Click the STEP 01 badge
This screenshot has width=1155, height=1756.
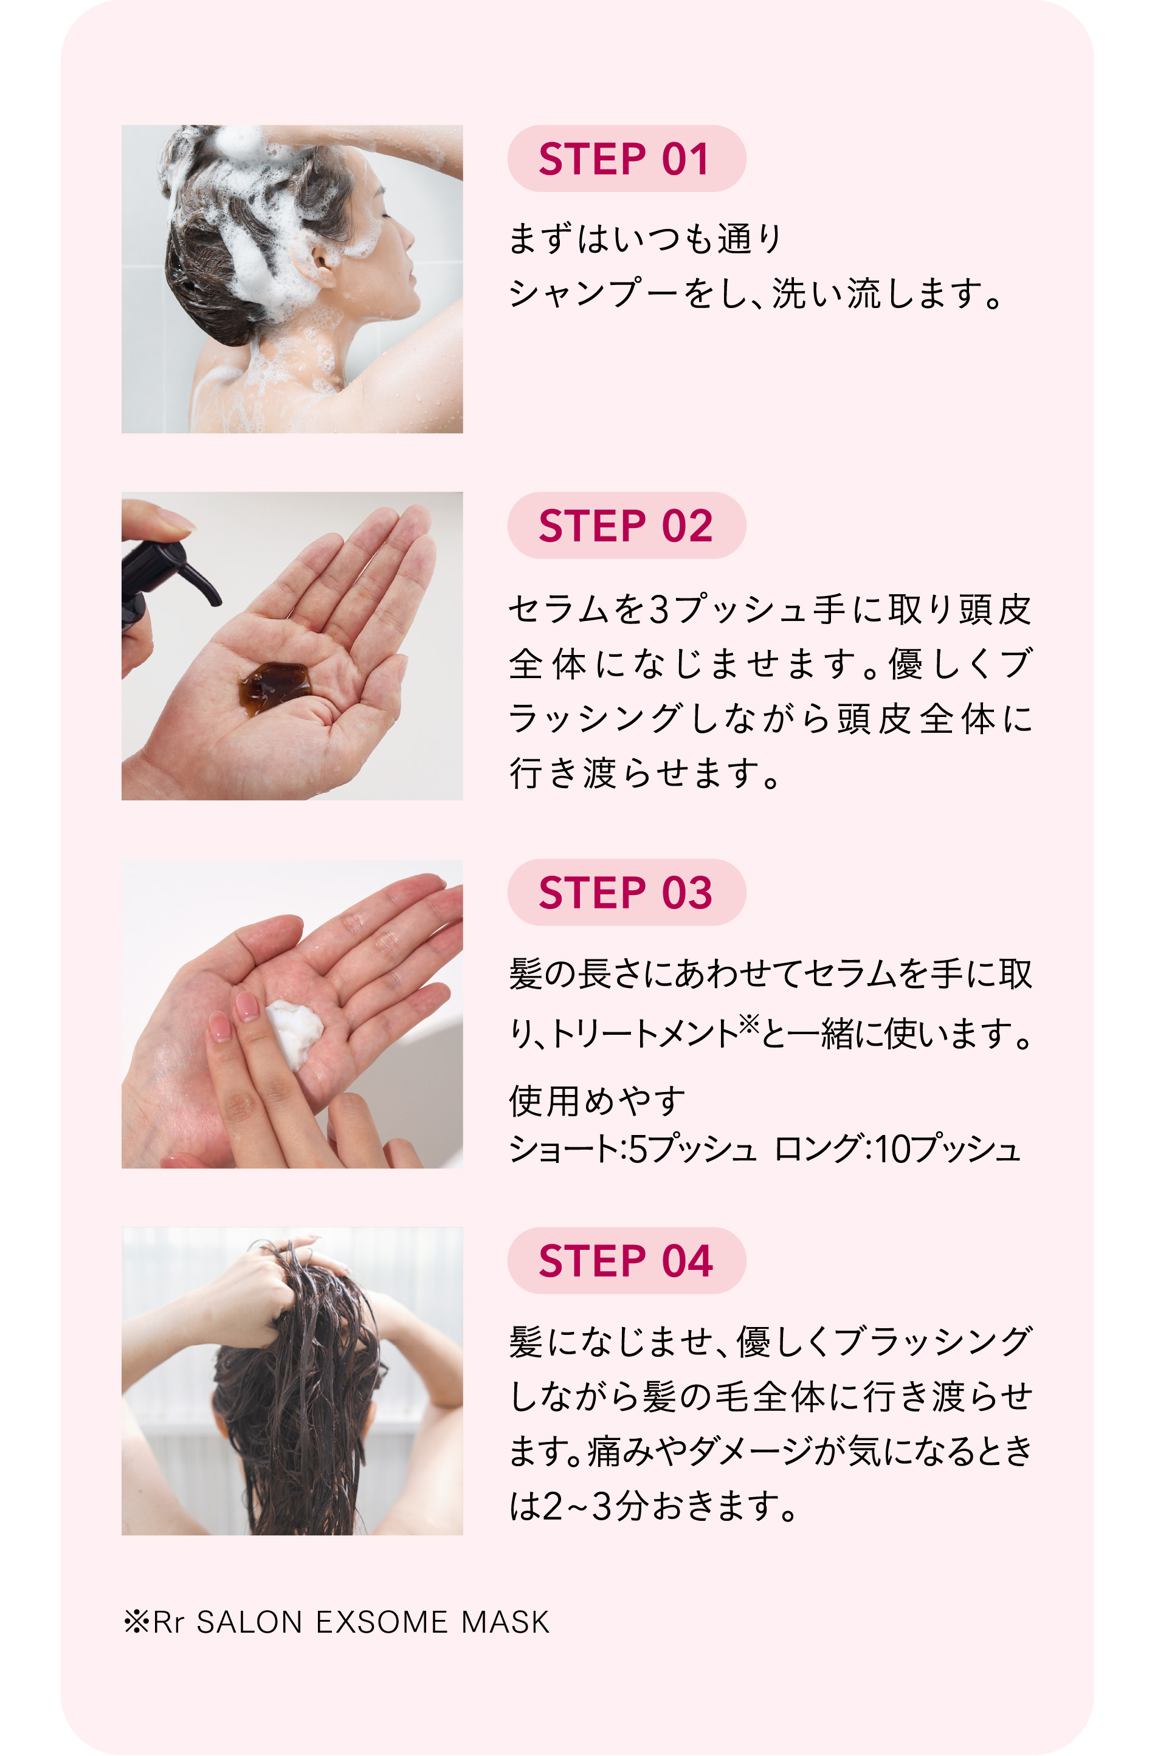pyautogui.click(x=626, y=159)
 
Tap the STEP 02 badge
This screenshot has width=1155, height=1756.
pyautogui.click(x=626, y=526)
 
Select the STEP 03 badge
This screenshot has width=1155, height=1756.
pyautogui.click(x=626, y=893)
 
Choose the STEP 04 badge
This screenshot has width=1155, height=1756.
pyautogui.click(x=626, y=1260)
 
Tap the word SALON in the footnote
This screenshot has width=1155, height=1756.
pyautogui.click(x=249, y=1622)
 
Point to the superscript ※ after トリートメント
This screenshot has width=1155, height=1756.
pyautogui.click(x=748, y=1023)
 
